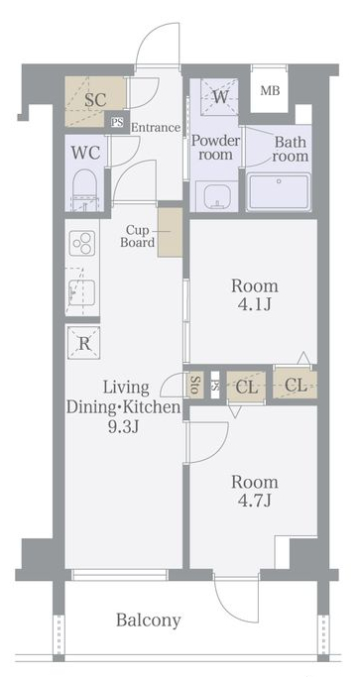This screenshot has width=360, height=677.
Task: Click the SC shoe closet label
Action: click(x=95, y=100)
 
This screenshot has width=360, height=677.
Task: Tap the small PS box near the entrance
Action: click(x=117, y=123)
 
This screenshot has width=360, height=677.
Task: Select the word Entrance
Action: click(x=155, y=127)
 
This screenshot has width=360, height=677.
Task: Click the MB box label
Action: click(x=270, y=92)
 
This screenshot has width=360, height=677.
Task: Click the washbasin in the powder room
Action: click(x=213, y=194)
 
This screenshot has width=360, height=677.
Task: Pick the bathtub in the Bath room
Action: click(x=279, y=189)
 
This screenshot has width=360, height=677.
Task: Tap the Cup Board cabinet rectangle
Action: click(x=171, y=231)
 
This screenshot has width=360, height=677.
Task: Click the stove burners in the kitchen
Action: click(x=81, y=244)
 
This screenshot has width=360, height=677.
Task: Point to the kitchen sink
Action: click(x=80, y=292)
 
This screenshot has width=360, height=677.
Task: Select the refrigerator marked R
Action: click(x=84, y=344)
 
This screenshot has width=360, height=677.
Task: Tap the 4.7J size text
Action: click(x=254, y=503)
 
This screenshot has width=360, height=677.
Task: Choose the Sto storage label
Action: click(x=195, y=384)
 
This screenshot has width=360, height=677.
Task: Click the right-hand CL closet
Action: click(x=296, y=385)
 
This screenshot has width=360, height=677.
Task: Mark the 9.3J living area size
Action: click(x=123, y=427)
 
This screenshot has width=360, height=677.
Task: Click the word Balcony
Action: click(x=149, y=621)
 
